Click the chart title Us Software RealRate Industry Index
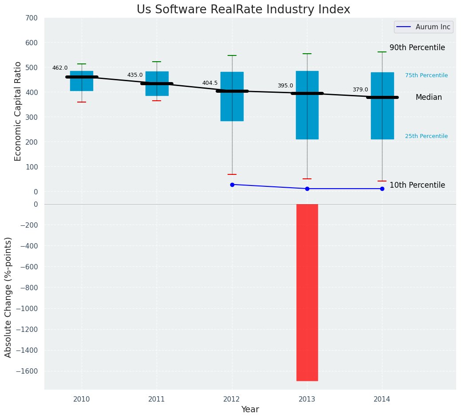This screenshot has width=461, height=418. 243,10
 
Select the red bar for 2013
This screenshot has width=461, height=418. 307,292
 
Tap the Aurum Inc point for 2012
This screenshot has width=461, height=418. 232,185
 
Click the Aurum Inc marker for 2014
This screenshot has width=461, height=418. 382,189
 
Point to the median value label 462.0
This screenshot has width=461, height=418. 60,68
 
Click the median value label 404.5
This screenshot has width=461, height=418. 210,83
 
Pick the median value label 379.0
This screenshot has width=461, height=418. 360,90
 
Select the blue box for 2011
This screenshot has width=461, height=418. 157,83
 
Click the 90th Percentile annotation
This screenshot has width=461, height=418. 417,47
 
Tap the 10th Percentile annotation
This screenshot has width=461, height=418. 417,185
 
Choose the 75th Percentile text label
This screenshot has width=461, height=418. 426,75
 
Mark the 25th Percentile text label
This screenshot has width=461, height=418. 426,136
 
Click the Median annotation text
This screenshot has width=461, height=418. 429,97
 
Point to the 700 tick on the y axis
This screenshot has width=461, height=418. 32,18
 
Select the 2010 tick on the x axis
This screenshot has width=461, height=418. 82,399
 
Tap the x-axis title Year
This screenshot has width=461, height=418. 250,410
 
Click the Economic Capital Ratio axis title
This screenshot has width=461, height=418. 18,111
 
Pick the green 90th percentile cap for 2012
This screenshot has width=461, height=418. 232,55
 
